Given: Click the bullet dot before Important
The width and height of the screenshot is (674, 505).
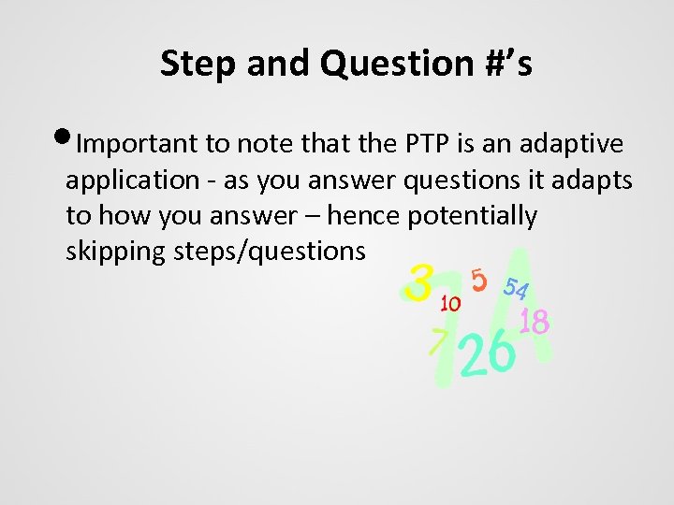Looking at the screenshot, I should pos(67,141).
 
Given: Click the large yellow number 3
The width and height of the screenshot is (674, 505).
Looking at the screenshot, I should pos(422,281).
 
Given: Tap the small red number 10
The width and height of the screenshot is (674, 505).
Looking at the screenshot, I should pos(449,303).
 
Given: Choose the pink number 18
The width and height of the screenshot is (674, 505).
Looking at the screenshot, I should pos(534,322).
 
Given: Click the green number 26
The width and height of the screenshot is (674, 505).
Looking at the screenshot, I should pos(489,353).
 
